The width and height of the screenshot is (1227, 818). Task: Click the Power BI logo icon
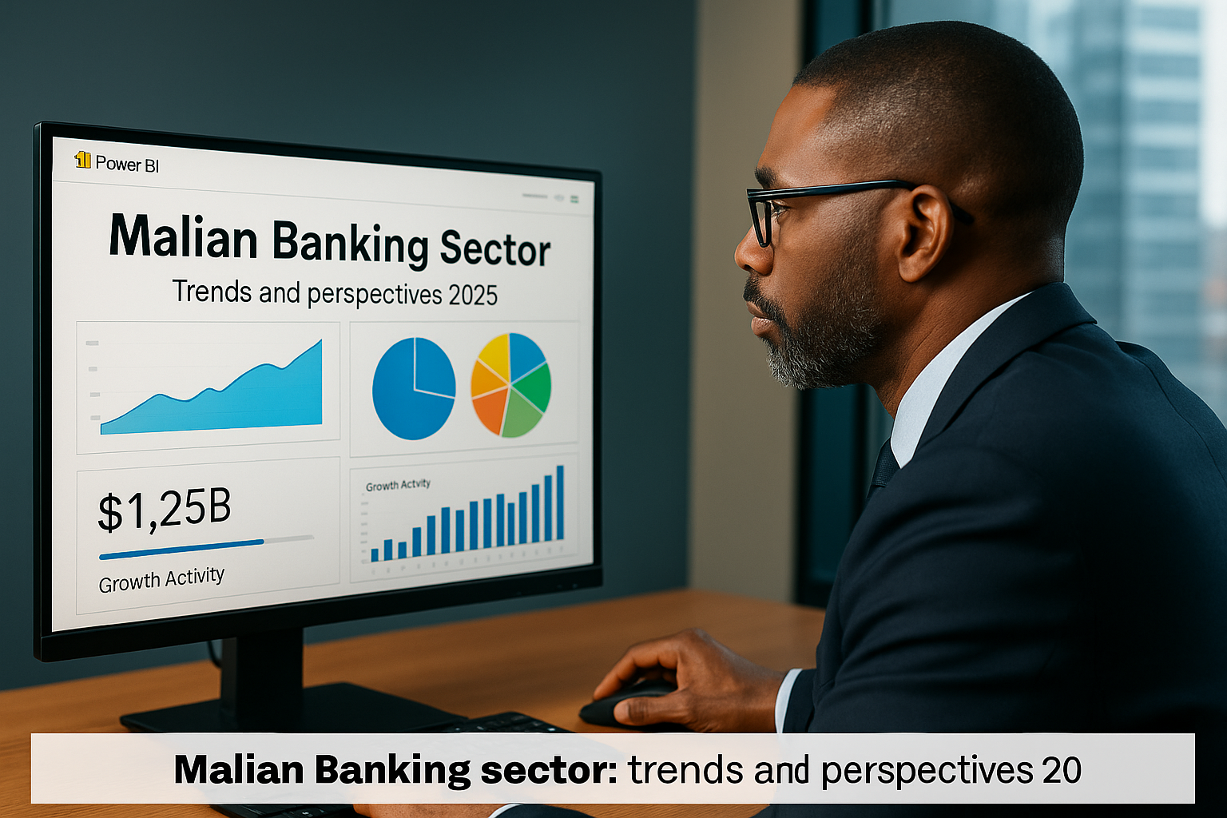point(82,161)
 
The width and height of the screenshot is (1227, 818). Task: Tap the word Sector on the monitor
point(495,249)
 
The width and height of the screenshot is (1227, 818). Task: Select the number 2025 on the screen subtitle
point(473,296)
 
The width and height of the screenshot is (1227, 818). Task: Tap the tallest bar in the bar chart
point(560,502)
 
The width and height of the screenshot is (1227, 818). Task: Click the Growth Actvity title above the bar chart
point(398,485)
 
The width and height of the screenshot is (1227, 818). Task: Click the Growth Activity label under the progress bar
point(161,579)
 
